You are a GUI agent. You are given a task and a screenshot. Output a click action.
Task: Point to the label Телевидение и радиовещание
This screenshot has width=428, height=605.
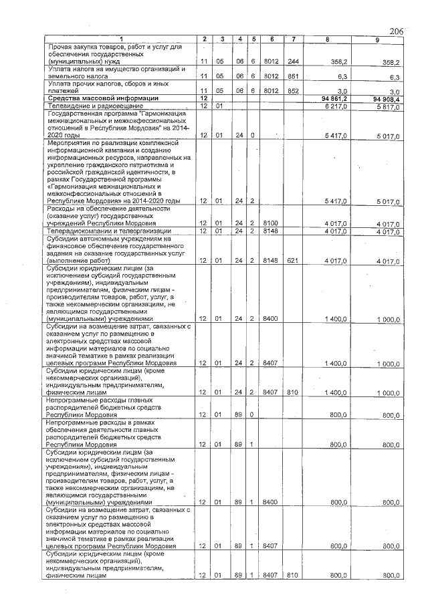[x=94, y=106]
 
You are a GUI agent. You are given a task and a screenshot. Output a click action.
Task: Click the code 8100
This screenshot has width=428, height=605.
[x=271, y=224]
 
